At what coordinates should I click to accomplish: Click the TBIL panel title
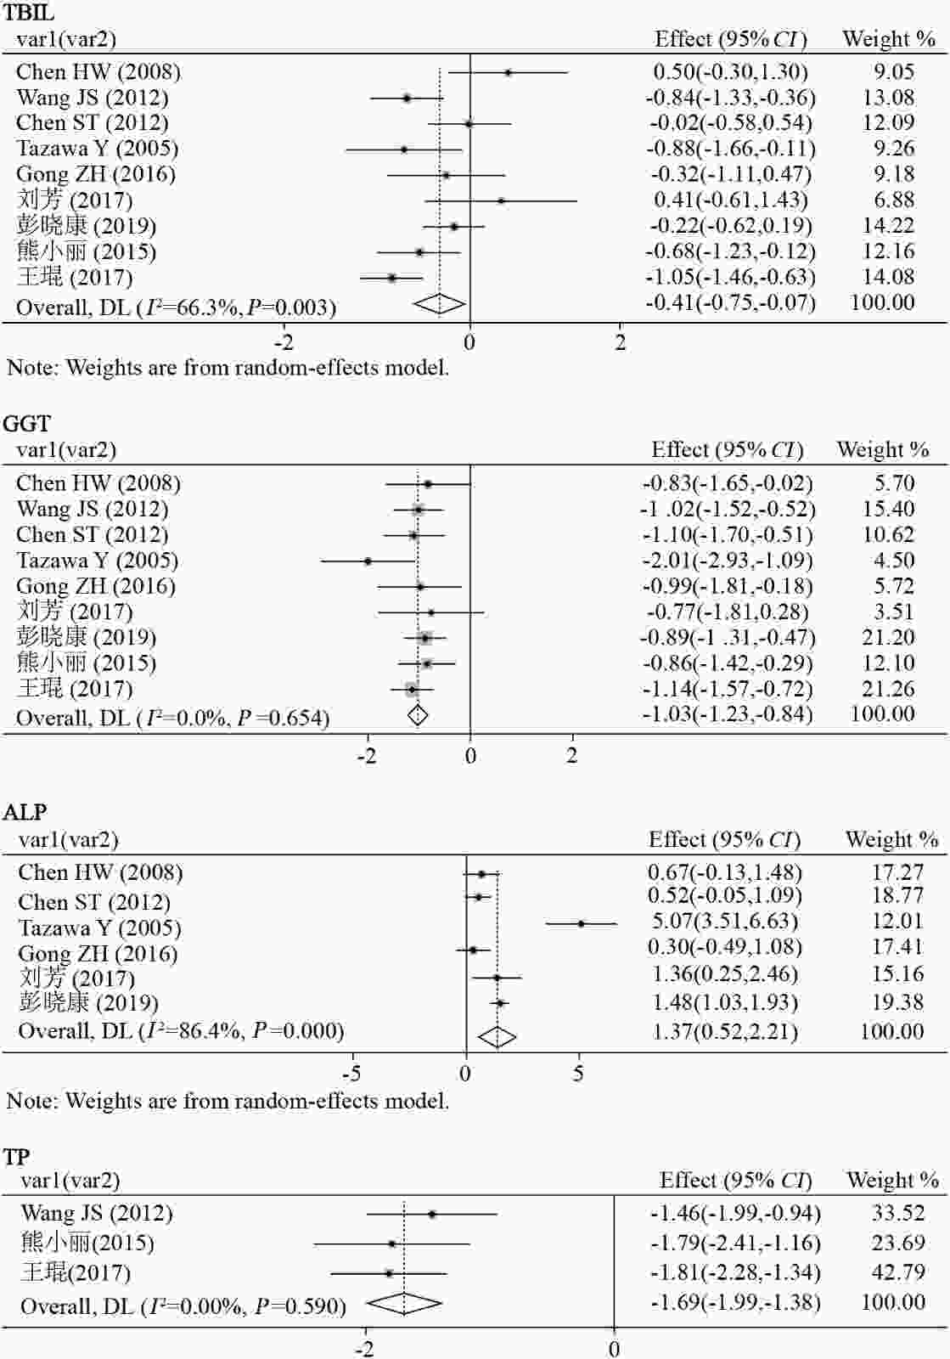pyautogui.click(x=29, y=13)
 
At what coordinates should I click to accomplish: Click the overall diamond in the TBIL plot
pyautogui.click(x=439, y=303)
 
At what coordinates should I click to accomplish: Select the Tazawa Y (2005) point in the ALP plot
pyautogui.click(x=582, y=923)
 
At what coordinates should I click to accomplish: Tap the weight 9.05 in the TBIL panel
pyautogui.click(x=888, y=72)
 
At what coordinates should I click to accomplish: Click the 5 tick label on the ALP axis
pyautogui.click(x=578, y=1074)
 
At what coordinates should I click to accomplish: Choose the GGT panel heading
pyautogui.click(x=26, y=424)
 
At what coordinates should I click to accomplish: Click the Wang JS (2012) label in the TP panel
pyautogui.click(x=96, y=1213)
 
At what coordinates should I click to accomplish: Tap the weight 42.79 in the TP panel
pyautogui.click(x=897, y=1272)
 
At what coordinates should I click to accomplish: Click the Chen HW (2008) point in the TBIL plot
pyautogui.click(x=508, y=72)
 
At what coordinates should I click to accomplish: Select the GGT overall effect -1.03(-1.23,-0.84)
pyautogui.click(x=727, y=714)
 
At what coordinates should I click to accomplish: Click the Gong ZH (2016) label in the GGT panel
pyautogui.click(x=95, y=586)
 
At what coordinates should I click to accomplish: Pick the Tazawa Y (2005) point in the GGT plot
pyautogui.click(x=368, y=561)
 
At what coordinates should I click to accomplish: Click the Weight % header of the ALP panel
pyautogui.click(x=891, y=840)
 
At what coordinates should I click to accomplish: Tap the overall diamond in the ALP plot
pyautogui.click(x=497, y=1036)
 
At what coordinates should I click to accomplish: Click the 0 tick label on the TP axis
pyautogui.click(x=614, y=1349)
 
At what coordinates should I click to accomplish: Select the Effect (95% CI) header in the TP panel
pyautogui.click(x=735, y=1181)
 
